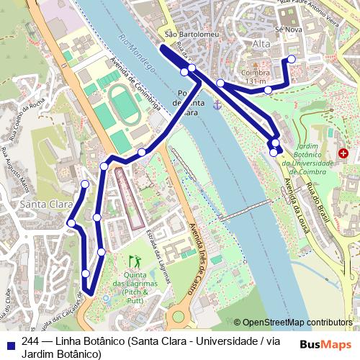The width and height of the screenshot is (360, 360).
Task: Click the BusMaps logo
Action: tap(330, 343)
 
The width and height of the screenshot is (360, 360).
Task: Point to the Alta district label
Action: tap(260, 44)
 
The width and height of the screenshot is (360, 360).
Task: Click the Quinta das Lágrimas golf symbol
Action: tap(134, 260)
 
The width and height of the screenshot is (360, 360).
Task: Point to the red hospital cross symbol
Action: tap(342, 153)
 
